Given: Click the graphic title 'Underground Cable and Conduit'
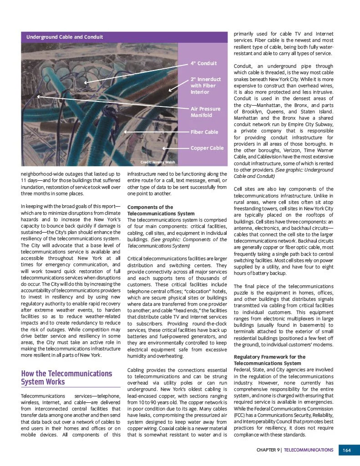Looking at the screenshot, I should point(64,37).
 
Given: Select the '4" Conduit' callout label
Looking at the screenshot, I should point(203,63).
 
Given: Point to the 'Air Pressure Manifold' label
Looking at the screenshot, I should point(205,112).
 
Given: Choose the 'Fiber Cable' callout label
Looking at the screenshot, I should point(204,132).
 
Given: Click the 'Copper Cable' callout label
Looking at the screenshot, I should point(207,148).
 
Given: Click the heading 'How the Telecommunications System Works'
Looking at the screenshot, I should point(66,378).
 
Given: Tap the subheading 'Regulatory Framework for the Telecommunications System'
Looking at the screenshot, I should point(269,360).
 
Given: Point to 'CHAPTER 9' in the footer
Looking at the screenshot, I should point(268,450).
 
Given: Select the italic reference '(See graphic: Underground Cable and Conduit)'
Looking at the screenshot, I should point(291,173).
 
